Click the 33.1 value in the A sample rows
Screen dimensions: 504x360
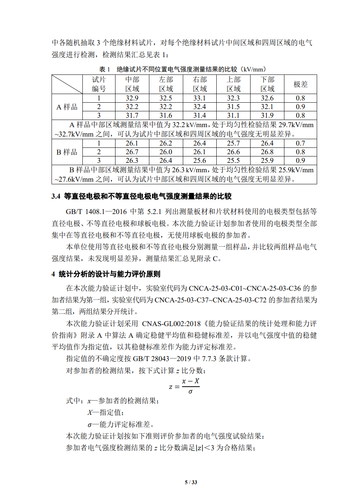(x=199, y=98)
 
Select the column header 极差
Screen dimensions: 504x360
(x=300, y=84)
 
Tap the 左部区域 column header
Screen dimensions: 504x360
(x=166, y=84)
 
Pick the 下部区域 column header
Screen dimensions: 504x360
(x=267, y=84)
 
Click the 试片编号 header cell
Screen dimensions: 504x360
(x=99, y=84)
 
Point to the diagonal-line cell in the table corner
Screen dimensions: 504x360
(x=67, y=84)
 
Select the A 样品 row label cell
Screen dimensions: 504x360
(x=67, y=107)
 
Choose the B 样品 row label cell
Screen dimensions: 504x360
(x=67, y=152)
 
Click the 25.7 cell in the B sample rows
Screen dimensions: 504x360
(x=233, y=143)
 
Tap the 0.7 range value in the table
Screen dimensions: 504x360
(x=300, y=143)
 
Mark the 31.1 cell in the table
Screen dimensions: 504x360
(x=233, y=115)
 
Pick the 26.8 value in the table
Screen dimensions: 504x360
(x=267, y=152)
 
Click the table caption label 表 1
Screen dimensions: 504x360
(x=105, y=69)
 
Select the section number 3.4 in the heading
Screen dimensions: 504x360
(x=56, y=196)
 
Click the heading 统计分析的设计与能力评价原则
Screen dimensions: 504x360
(x=109, y=274)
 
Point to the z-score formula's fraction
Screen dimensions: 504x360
(x=190, y=386)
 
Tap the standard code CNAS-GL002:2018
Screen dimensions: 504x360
(x=171, y=323)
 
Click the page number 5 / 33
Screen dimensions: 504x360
(x=191, y=482)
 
